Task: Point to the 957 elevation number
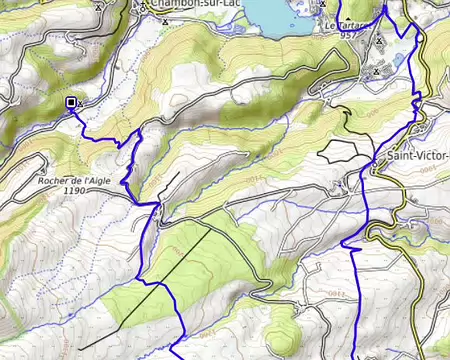(x=347, y=35)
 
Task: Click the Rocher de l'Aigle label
(x=73, y=179)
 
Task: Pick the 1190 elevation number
(x=73, y=190)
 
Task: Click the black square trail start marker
(x=71, y=102)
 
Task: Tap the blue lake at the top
(x=276, y=12)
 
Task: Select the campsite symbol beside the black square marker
(x=81, y=103)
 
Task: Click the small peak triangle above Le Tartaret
(x=323, y=5)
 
